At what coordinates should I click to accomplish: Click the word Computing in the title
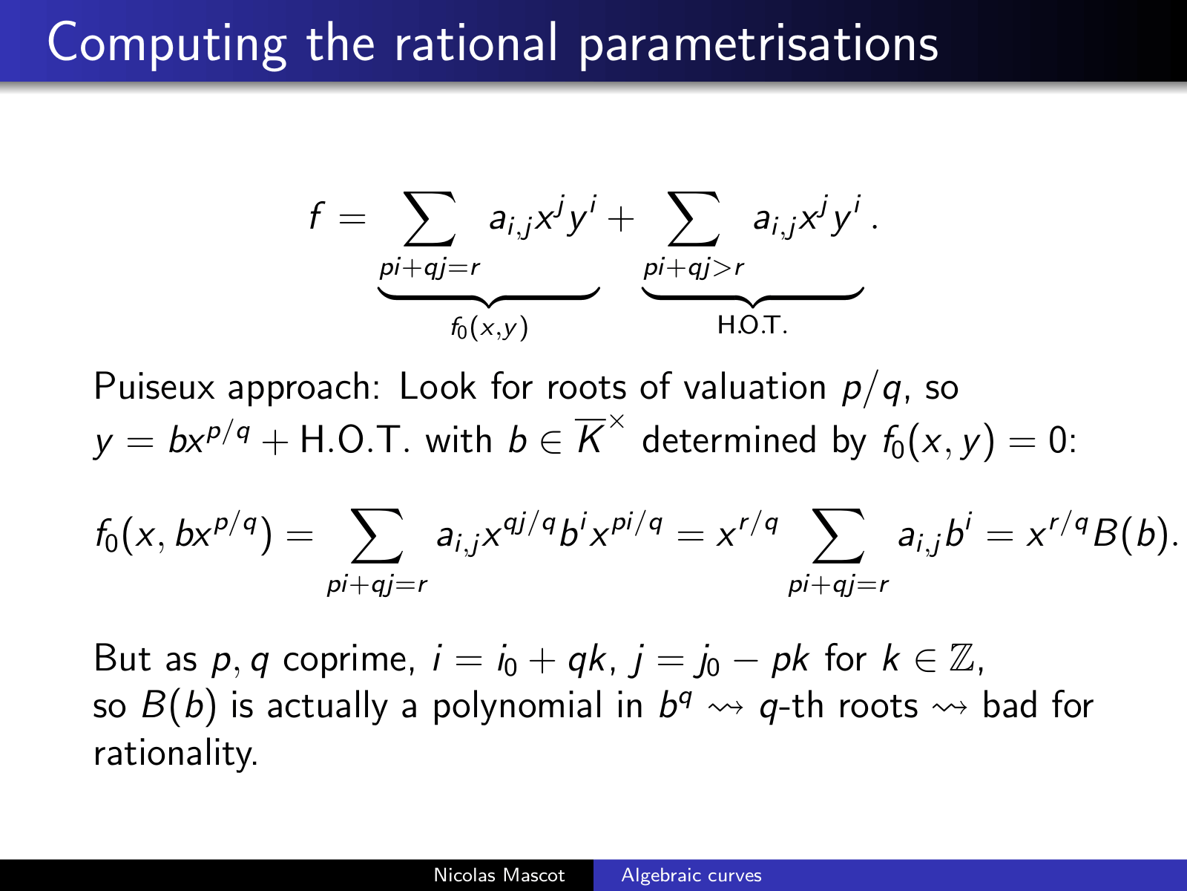[167, 45]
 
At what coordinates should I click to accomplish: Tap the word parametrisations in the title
[759, 45]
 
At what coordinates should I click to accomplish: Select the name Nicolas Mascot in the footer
[499, 875]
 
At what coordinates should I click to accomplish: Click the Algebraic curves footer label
[691, 875]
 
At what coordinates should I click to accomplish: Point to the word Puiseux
[154, 387]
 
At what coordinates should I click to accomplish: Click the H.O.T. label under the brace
[752, 326]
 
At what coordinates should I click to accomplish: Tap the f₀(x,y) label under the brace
[489, 327]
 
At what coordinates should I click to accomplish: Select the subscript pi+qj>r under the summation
[694, 268]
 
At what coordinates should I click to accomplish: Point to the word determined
[729, 440]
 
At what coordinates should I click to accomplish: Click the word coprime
[349, 660]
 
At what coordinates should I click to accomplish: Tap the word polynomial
[518, 707]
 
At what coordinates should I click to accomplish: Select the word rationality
[176, 753]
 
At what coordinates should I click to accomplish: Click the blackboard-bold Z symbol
[962, 659]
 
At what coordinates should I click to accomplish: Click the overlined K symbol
[590, 437]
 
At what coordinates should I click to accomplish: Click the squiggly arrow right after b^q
[725, 707]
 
